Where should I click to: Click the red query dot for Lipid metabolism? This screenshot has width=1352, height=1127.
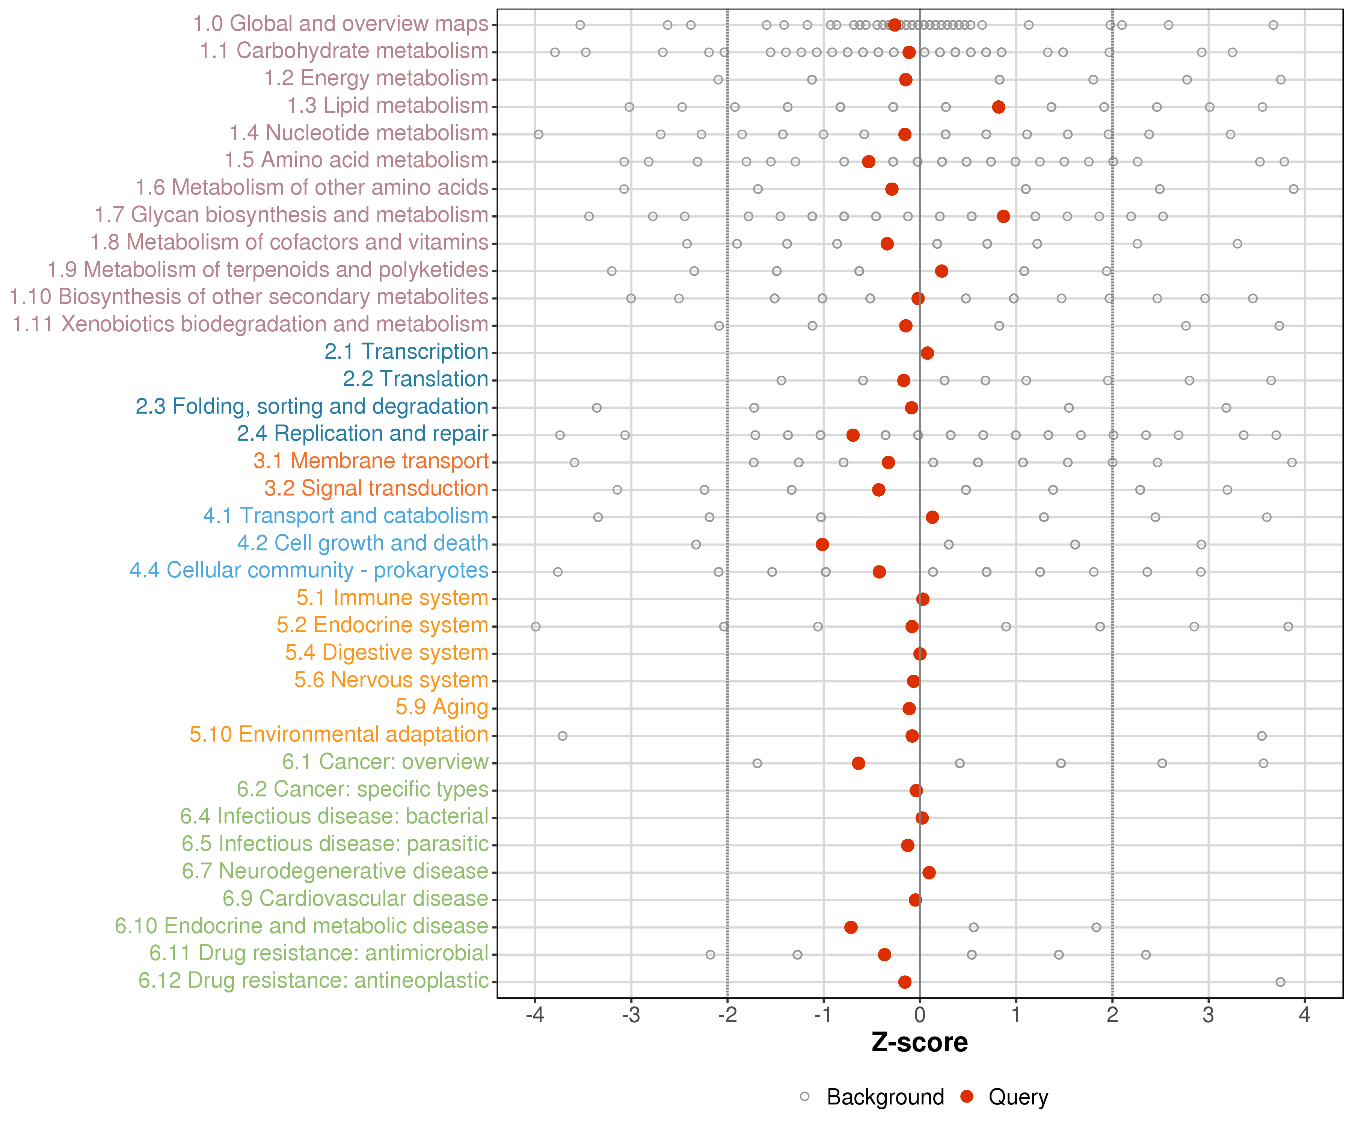999,107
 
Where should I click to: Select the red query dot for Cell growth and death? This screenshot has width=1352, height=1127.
822,545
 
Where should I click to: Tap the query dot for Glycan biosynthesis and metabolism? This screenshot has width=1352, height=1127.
1003,216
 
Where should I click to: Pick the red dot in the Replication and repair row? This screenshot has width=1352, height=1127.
853,435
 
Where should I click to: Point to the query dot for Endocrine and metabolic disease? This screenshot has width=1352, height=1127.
851,928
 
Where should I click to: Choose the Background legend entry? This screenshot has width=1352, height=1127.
884,1097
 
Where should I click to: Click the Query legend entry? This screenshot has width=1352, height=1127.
1018,1097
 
